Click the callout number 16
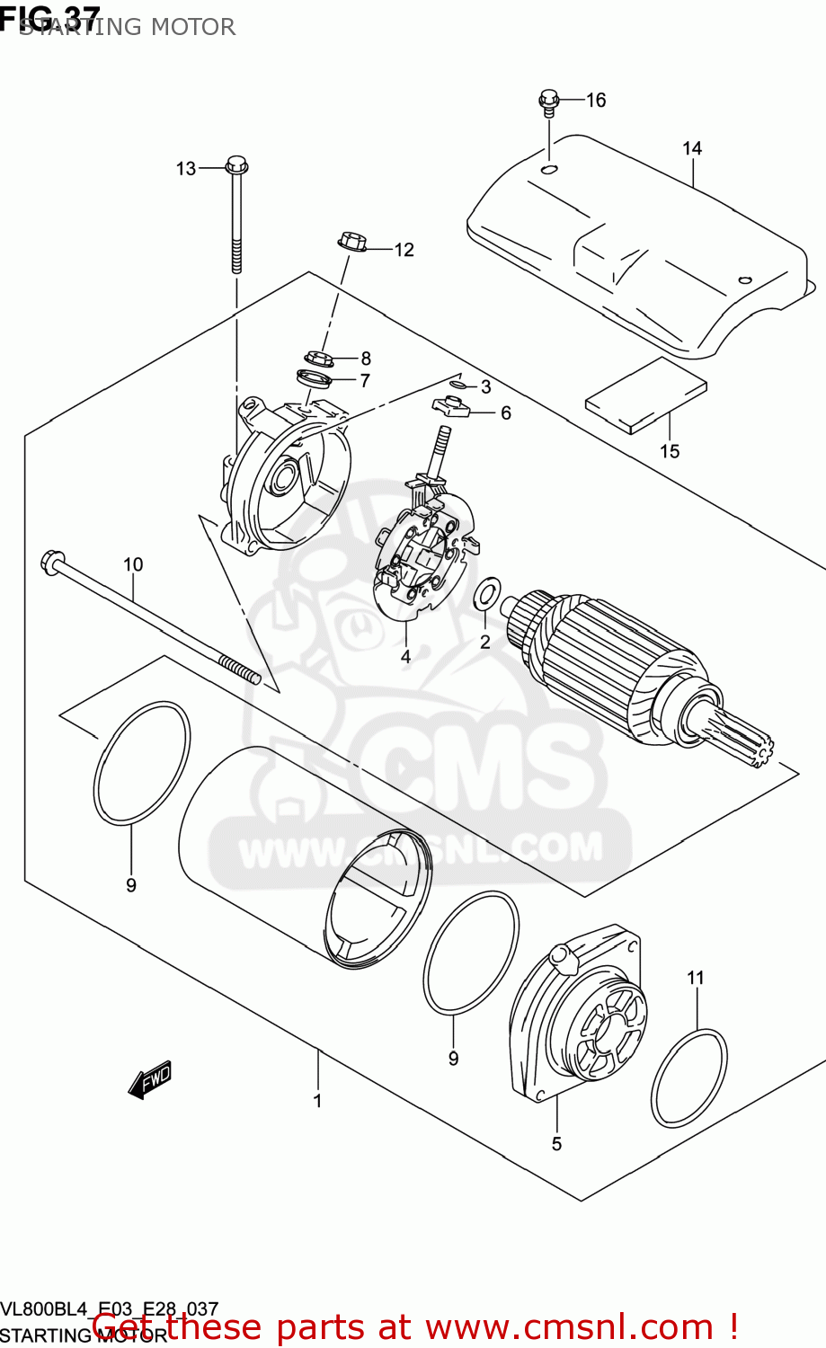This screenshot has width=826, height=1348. click(597, 100)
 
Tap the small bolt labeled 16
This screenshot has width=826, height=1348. click(549, 102)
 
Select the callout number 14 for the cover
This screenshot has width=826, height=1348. click(691, 148)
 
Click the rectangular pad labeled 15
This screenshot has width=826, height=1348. click(645, 395)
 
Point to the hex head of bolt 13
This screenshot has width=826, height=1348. click(236, 165)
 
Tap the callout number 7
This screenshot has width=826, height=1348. click(365, 380)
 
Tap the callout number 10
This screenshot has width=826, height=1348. click(133, 564)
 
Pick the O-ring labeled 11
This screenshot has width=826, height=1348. click(688, 1078)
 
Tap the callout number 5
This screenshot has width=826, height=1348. click(556, 1144)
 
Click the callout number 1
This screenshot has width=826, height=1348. click(317, 1101)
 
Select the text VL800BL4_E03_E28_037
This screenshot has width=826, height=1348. click(110, 1309)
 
